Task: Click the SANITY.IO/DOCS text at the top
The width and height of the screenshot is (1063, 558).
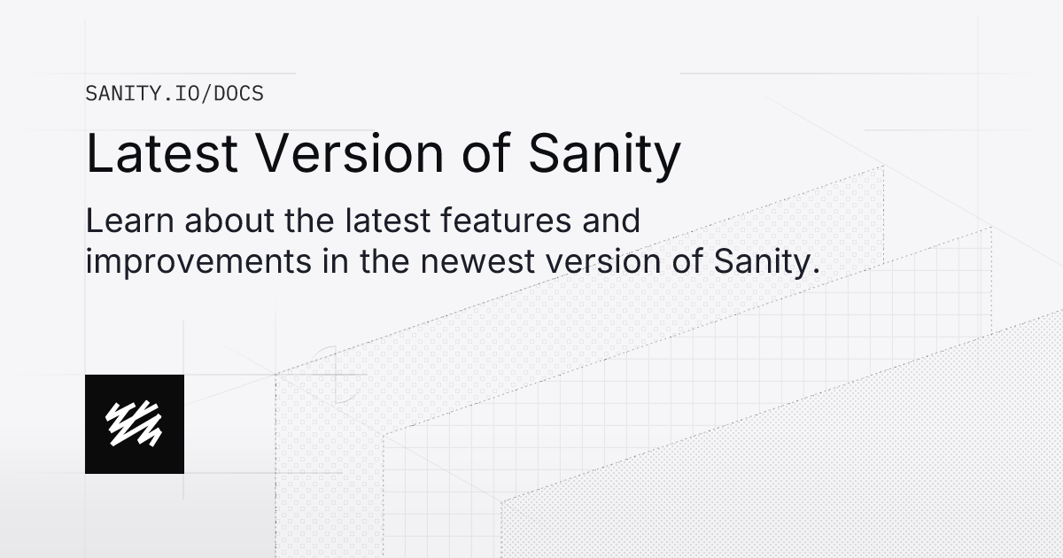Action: coord(175,93)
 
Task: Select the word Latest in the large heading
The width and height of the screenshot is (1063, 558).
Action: coord(162,153)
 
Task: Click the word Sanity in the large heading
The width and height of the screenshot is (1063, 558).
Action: coord(604,155)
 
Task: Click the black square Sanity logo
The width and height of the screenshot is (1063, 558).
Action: coord(135,424)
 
